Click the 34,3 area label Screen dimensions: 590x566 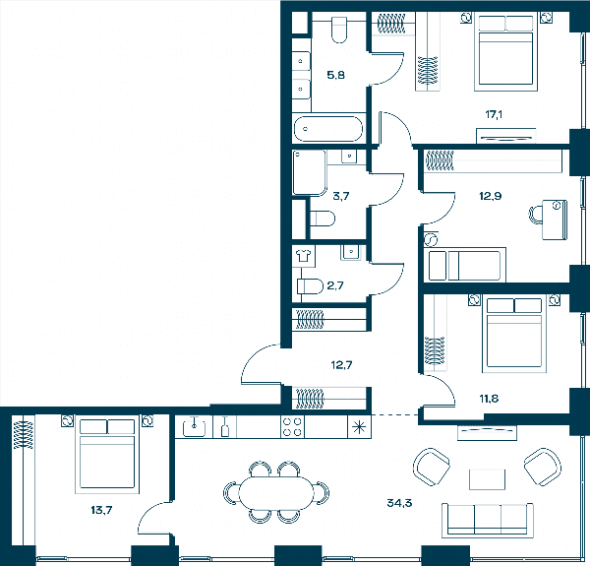399,503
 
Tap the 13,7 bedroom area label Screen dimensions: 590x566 101,510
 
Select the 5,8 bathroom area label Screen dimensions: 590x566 335,75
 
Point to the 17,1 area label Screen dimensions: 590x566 494,114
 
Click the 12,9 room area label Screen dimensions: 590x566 491,196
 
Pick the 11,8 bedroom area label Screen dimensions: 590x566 489,399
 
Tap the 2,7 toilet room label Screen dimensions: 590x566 335,285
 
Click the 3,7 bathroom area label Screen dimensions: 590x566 341,196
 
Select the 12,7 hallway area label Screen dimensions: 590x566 341,365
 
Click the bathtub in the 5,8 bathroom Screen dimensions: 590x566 327,129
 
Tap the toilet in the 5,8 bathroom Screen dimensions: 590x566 339,30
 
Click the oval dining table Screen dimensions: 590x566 276,493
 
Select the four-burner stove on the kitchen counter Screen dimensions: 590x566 292,427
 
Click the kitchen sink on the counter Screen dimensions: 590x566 194,427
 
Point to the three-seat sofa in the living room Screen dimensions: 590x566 488,520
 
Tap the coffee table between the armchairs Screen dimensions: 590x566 488,479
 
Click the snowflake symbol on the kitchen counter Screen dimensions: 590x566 359,427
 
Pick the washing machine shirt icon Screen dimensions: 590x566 303,256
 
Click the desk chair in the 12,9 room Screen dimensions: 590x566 536,215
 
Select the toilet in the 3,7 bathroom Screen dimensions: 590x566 323,219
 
